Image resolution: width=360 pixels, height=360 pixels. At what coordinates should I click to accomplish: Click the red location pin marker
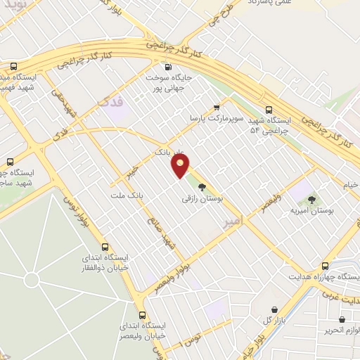181,166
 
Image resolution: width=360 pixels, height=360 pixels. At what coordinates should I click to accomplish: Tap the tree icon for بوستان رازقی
202,187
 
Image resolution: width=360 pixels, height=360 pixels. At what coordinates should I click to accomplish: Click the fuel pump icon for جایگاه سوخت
167,67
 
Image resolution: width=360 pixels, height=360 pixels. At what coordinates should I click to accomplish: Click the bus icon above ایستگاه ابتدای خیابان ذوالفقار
105,247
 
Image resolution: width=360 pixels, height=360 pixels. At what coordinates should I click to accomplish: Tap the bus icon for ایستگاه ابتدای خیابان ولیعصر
143,314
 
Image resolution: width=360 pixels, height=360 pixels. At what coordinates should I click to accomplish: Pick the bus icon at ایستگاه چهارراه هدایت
325,266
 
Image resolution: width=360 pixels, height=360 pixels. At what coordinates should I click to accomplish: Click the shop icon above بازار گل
274,309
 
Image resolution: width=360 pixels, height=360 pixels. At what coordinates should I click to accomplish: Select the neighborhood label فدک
112,103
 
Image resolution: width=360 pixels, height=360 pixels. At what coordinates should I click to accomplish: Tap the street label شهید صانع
160,233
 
